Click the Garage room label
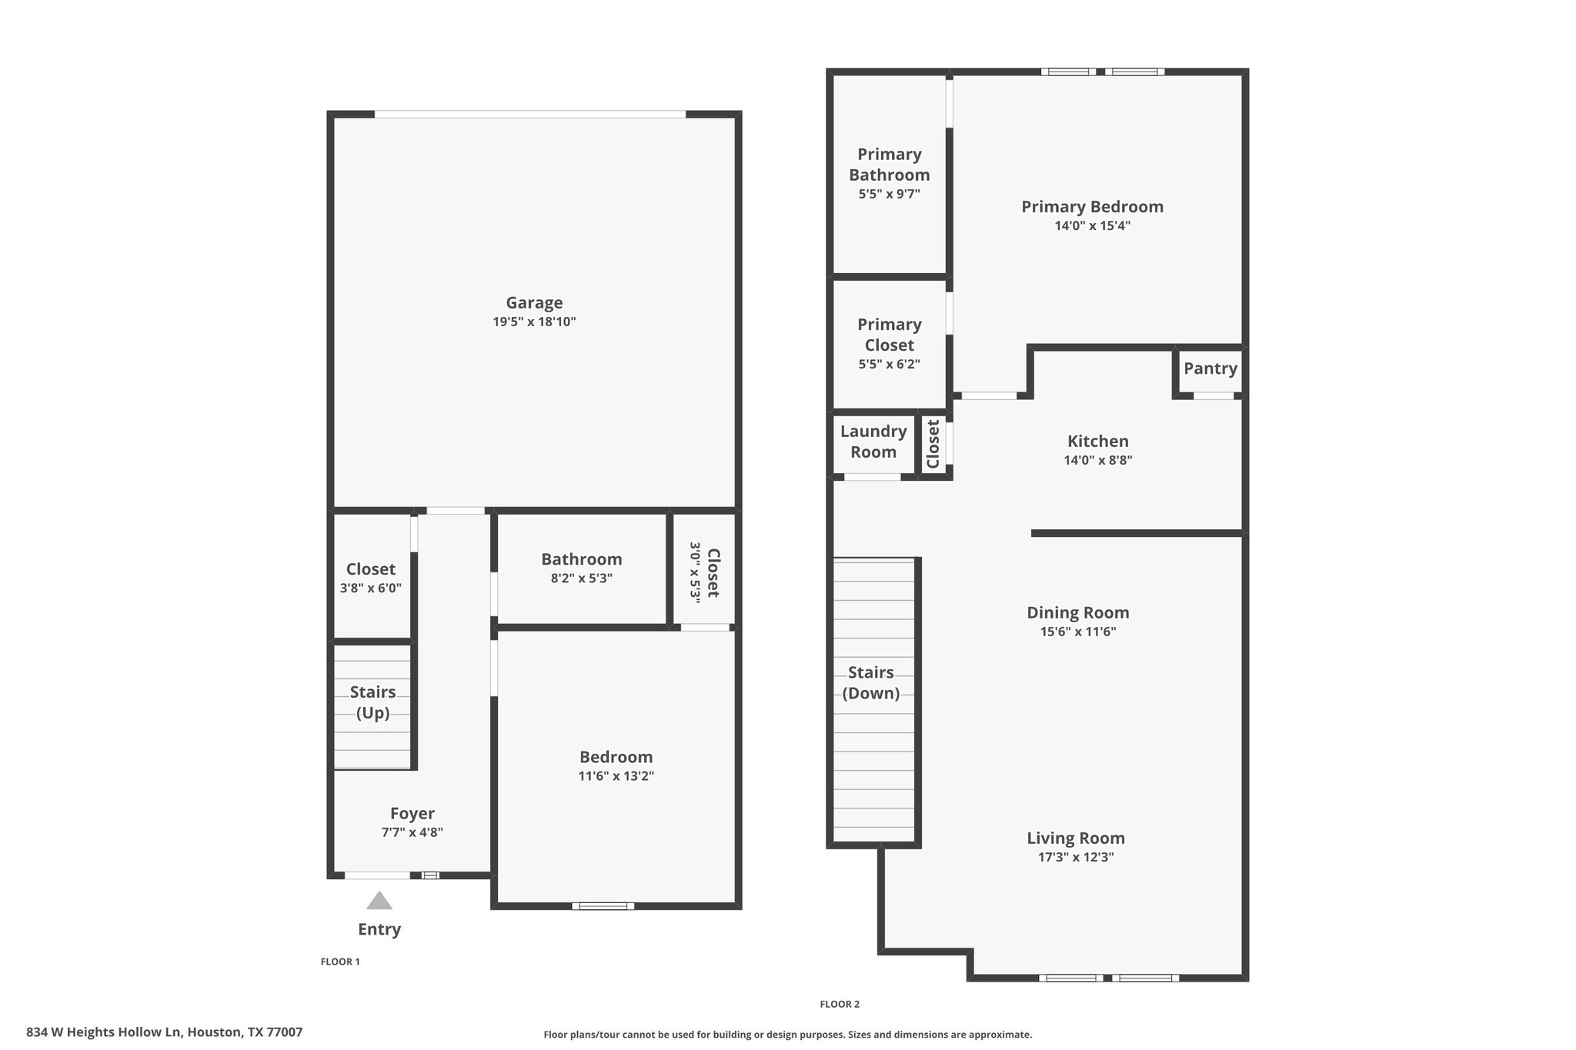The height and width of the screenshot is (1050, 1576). [534, 303]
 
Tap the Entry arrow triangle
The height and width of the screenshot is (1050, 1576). [379, 901]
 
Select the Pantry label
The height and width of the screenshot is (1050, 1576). [1210, 368]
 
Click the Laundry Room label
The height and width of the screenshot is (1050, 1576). [873, 442]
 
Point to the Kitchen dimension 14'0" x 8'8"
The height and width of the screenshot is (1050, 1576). [1098, 461]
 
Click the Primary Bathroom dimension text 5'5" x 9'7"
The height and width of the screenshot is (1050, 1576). [890, 195]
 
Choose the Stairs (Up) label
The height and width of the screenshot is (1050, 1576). [373, 702]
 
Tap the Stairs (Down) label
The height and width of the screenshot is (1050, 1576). [871, 682]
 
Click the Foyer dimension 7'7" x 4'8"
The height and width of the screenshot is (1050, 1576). [412, 832]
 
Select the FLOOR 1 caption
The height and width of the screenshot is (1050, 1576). [340, 962]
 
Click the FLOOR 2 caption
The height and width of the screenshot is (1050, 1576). [840, 1004]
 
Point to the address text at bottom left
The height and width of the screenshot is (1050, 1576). [165, 1032]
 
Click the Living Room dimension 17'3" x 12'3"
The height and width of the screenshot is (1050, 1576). [1076, 858]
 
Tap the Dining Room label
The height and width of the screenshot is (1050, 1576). [1078, 613]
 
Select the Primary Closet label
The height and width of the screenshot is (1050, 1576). [890, 335]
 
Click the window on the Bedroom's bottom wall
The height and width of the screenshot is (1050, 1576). [603, 906]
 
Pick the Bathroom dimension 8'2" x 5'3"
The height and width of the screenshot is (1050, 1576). [582, 578]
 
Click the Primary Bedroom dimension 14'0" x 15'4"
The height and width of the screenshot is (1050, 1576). [1093, 226]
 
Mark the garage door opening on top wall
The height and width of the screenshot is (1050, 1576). [530, 114]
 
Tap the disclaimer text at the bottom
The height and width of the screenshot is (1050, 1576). [788, 1035]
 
